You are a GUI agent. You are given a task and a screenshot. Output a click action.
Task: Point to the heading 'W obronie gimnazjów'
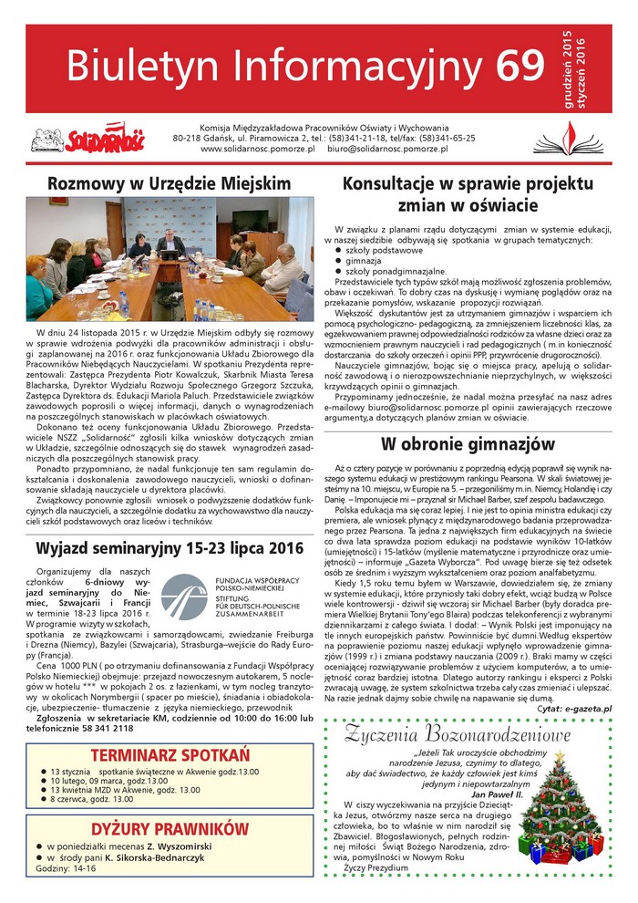point(468,443)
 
